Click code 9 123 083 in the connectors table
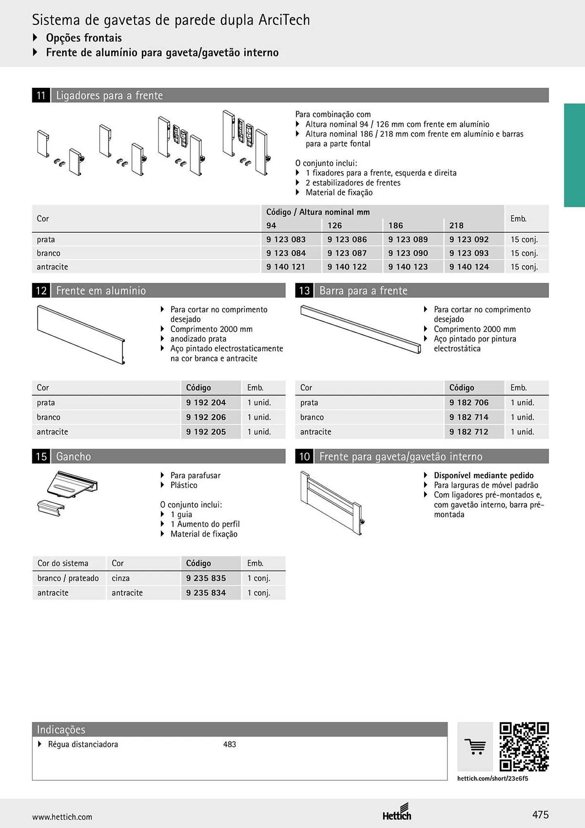click(286, 239)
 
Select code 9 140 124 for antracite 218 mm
click(469, 267)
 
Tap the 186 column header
click(396, 225)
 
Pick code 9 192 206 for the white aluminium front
click(206, 417)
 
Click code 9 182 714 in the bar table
click(469, 417)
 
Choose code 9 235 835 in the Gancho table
click(206, 578)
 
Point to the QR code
click(524, 747)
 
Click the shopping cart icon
click(475, 747)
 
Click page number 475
click(540, 815)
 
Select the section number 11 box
click(41, 95)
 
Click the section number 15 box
click(41, 456)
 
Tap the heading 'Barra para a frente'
click(363, 291)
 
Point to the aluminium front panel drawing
click(81, 335)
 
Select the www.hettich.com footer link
click(62, 817)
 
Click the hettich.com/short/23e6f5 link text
click(493, 778)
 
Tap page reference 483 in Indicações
click(230, 744)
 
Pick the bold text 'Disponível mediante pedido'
click(484, 475)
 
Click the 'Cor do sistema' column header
click(63, 563)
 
